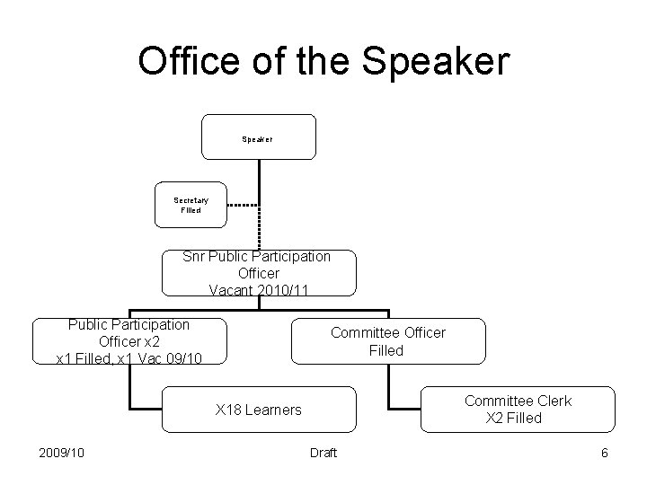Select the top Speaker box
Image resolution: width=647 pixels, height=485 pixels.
258,138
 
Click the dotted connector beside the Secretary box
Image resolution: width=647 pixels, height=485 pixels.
242,205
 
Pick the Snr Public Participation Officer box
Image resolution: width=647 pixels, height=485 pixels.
258,273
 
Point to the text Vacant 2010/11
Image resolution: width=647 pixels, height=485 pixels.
258,290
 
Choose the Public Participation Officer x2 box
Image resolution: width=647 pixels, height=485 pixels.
129,341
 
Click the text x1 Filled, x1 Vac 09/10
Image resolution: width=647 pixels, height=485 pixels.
129,358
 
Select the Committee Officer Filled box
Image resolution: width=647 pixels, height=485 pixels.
387,341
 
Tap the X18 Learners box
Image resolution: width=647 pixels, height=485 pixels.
258,410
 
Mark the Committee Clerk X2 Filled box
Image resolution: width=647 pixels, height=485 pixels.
518,410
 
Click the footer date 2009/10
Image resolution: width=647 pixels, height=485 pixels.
62,453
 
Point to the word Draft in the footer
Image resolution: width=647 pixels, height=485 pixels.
323,453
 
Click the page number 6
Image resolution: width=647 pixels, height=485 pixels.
605,453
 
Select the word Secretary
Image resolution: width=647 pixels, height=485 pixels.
191,199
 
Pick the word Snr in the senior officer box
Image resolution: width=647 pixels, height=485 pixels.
193,256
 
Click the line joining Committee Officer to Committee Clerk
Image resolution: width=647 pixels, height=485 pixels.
388,386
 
